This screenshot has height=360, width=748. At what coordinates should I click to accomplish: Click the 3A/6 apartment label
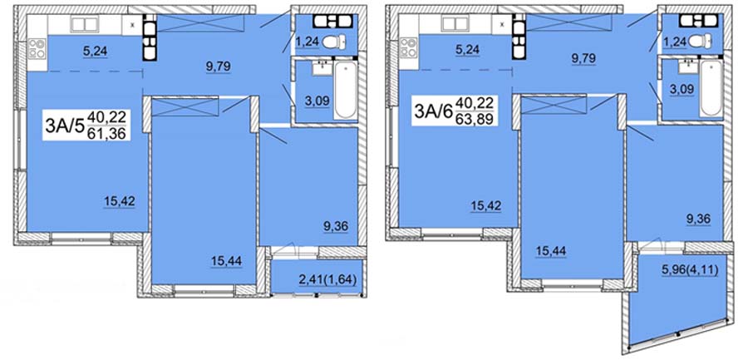(x=434, y=111)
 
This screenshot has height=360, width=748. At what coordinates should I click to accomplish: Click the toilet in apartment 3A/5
(x=334, y=42)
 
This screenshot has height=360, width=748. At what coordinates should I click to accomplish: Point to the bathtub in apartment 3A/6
(x=711, y=88)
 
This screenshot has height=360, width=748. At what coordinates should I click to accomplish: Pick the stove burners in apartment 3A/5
(x=37, y=48)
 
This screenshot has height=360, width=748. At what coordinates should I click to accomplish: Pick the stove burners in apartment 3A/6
(x=407, y=47)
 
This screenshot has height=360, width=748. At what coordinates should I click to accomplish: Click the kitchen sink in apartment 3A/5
(x=84, y=24)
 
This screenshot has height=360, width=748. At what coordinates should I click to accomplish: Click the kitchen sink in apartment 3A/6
(x=455, y=24)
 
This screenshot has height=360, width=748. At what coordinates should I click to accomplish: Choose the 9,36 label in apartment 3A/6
(x=697, y=219)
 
